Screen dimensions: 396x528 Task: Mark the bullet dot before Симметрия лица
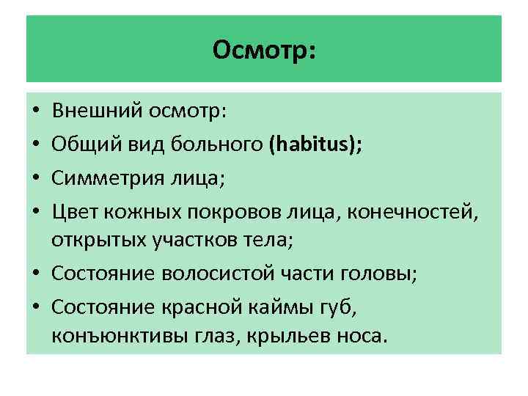(35, 176)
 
